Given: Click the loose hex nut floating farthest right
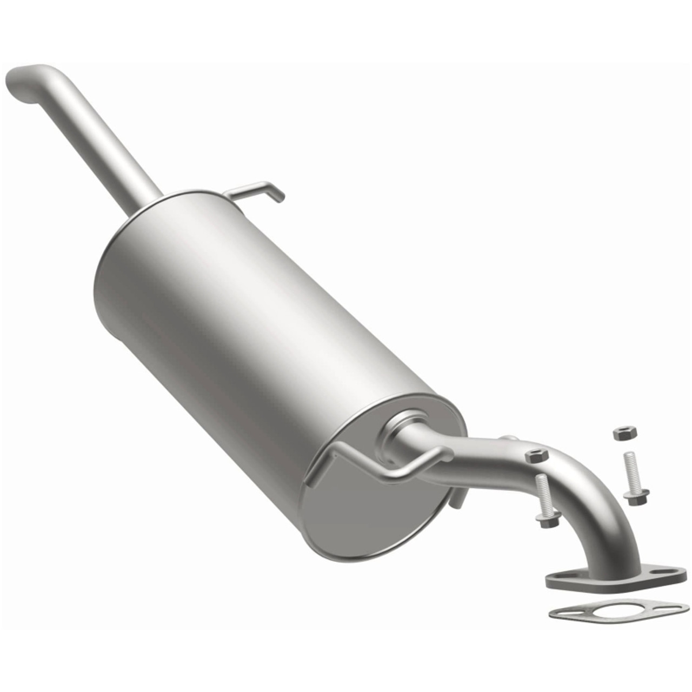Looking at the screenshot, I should click(625, 432).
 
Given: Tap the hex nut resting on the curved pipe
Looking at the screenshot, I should click(536, 455).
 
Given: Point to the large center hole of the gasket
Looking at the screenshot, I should click(614, 612).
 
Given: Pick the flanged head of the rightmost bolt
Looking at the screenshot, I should click(637, 497).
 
